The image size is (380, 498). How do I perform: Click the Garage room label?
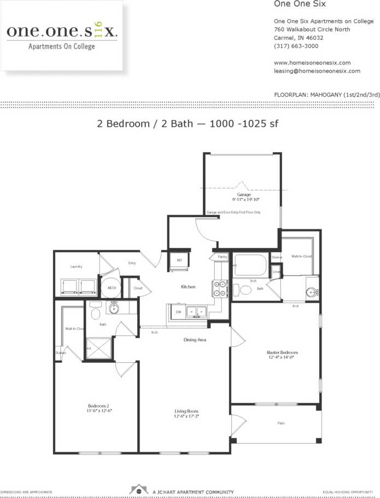click(x=244, y=194)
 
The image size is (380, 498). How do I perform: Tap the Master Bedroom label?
click(x=282, y=352)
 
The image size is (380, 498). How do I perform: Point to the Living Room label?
click(x=186, y=410)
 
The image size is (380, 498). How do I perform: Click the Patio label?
click(x=280, y=423)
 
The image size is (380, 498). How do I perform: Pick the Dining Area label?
click(x=194, y=340)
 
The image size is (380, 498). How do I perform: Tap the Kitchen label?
click(x=189, y=287)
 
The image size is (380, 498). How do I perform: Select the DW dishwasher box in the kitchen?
click(x=178, y=312)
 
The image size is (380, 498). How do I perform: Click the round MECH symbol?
click(x=112, y=287)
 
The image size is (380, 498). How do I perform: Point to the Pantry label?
click(x=222, y=256)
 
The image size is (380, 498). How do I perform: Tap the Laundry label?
click(x=76, y=267)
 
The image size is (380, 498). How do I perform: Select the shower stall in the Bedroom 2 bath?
click(x=98, y=347)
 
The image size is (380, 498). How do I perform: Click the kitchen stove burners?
click(x=219, y=288)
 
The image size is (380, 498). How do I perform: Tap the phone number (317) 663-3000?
click(x=294, y=46)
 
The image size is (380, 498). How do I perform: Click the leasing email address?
click(x=317, y=71)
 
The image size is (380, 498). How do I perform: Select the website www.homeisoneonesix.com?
click(x=312, y=62)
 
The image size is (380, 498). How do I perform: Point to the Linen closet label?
click(x=277, y=272)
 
